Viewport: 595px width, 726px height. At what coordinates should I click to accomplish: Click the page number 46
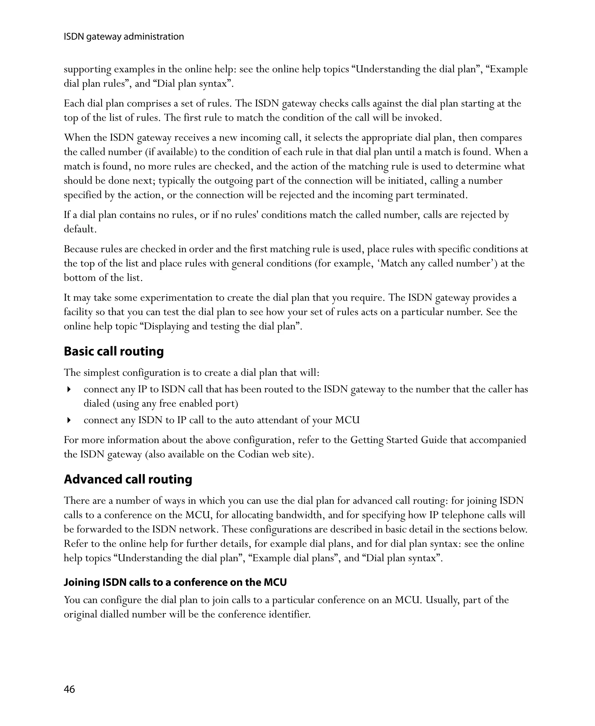click(x=69, y=689)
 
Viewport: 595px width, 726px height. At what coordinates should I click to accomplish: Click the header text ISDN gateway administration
click(x=124, y=36)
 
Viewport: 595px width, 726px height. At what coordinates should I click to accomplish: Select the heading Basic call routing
click(x=114, y=351)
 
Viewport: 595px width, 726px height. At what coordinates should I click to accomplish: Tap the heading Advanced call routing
click(x=128, y=479)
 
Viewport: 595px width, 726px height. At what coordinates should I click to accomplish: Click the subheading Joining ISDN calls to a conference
click(x=175, y=582)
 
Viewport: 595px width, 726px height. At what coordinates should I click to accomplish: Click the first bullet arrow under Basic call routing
click(x=69, y=389)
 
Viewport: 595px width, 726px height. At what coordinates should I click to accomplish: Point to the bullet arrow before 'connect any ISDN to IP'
click(x=69, y=420)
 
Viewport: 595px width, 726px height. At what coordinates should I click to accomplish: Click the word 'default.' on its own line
click(x=80, y=229)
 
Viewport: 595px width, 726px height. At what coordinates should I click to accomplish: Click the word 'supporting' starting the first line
click(x=87, y=69)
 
